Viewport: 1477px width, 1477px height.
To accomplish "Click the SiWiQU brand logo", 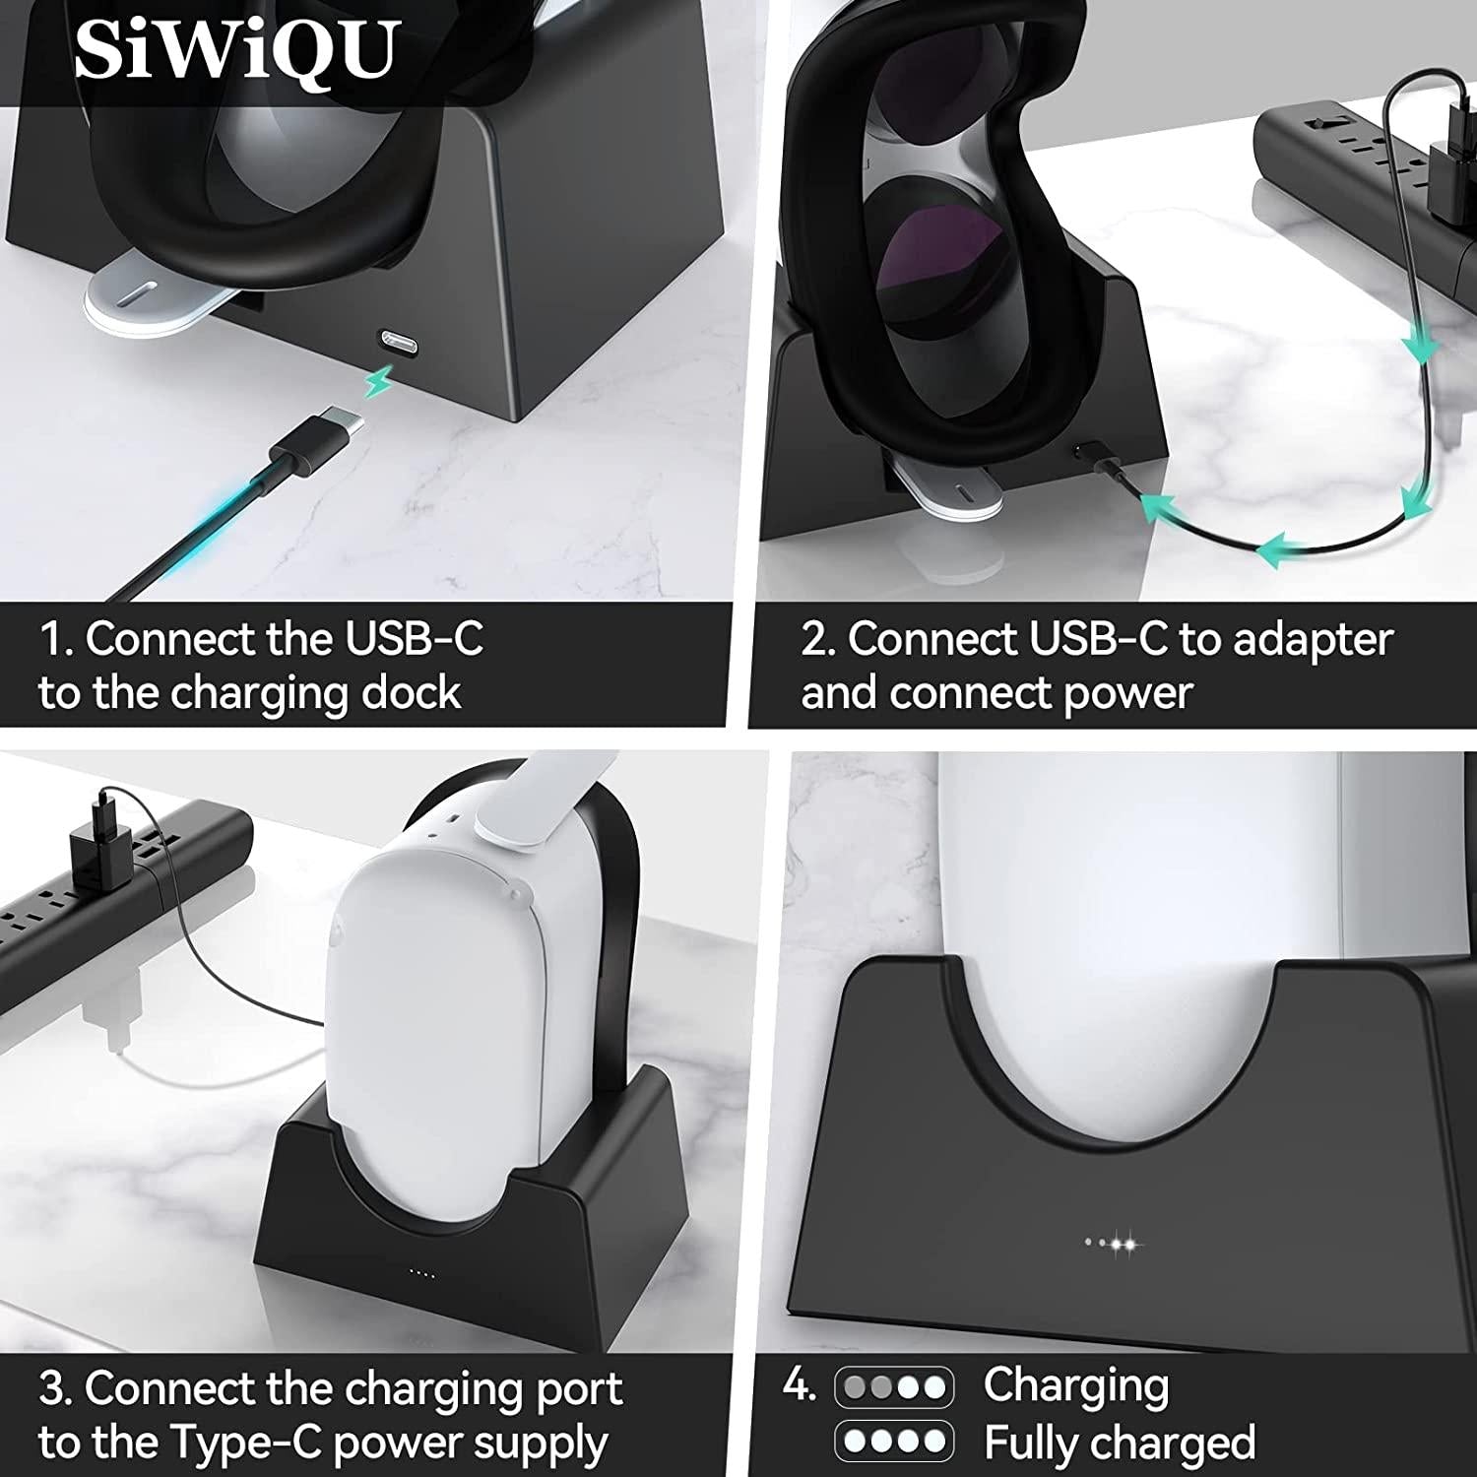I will tap(237, 49).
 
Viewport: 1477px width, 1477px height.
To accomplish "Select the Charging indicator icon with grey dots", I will tap(894, 1387).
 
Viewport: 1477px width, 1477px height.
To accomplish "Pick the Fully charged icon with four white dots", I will tap(894, 1442).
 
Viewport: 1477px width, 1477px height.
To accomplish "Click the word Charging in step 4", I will tap(1076, 1385).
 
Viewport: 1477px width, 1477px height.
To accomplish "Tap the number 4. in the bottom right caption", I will tap(799, 1385).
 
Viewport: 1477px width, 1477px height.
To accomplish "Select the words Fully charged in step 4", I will tap(1120, 1443).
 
